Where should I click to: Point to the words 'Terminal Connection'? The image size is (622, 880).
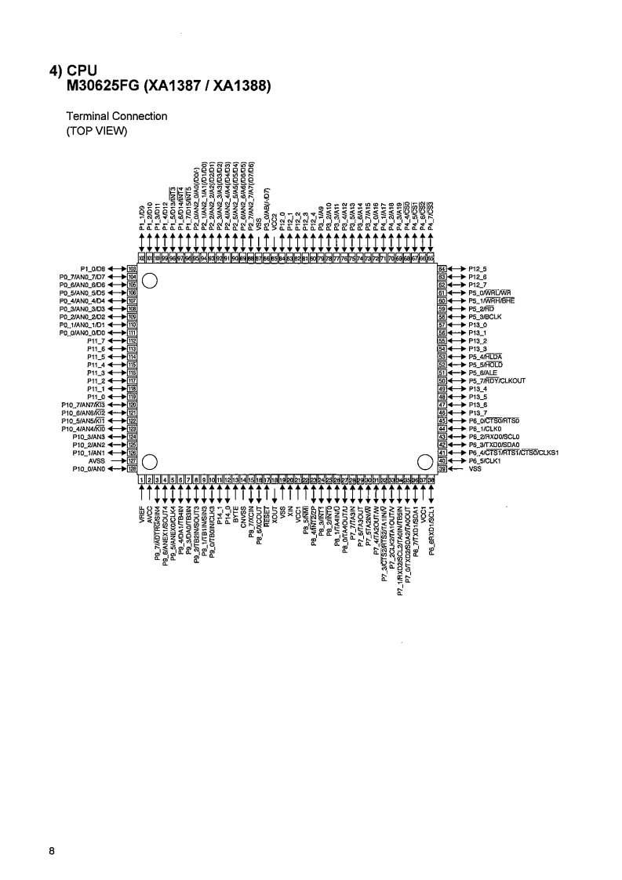pos(116,116)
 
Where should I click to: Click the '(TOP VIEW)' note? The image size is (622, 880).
pos(96,130)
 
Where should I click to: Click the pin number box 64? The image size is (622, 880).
pos(442,268)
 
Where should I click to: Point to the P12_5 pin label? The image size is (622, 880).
pos(478,268)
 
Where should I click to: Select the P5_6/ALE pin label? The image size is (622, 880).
pos(483,373)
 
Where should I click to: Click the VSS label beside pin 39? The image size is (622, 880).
pos(475,469)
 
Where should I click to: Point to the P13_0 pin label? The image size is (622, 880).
pos(478,325)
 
